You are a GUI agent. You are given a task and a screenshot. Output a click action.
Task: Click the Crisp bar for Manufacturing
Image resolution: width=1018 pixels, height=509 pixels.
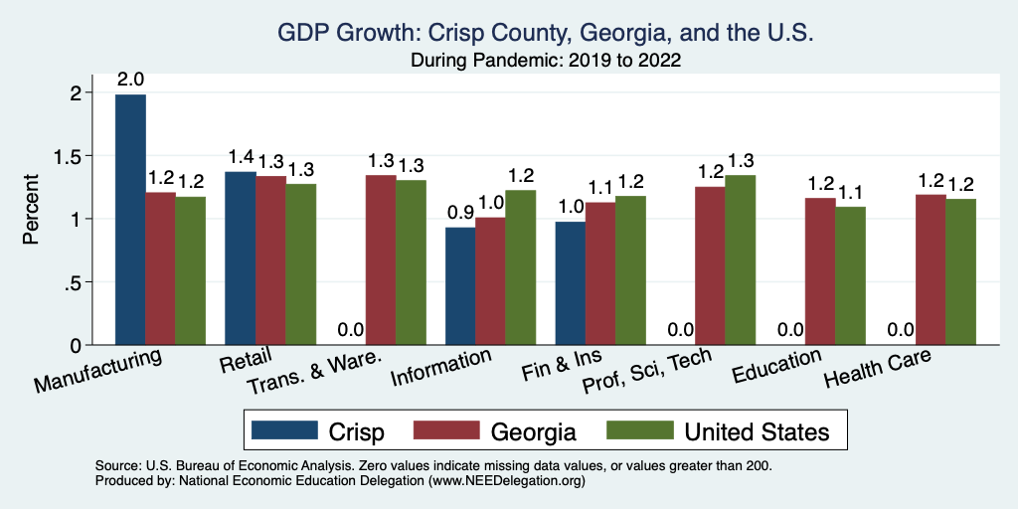130,220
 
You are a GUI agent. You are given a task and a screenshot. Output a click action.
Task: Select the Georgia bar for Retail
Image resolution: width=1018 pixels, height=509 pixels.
270,260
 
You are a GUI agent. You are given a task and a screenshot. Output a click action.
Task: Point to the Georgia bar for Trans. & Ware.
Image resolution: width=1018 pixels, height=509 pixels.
381,259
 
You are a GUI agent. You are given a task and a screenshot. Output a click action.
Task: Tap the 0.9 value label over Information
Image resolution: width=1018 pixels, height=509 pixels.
459,213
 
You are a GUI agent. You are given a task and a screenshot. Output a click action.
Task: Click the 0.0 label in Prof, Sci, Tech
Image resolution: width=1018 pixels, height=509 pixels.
680,330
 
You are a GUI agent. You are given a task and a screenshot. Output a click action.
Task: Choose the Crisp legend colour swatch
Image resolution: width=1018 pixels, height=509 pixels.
283,430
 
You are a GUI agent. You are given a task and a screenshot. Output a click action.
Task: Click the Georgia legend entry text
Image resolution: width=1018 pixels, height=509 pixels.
533,431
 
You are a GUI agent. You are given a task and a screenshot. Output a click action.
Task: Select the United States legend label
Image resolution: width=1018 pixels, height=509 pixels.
757,431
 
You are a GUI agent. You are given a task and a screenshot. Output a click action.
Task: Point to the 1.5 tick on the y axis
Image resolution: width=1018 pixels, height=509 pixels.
77,156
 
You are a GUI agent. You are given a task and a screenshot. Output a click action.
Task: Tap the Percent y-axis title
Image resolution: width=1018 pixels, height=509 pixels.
33,211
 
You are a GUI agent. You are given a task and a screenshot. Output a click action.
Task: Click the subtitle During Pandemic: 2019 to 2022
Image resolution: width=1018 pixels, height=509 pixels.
546,60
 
